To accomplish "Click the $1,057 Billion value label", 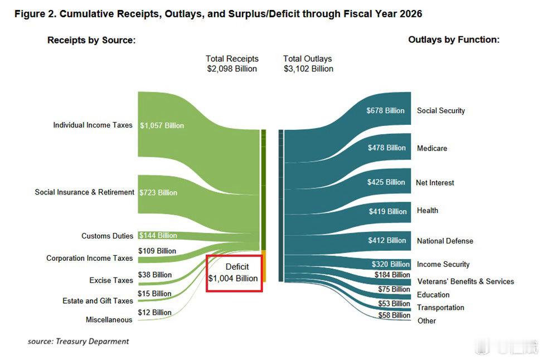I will pos(162,125).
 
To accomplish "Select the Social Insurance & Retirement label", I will pos(84,192).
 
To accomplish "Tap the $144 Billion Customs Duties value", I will pos(158,236).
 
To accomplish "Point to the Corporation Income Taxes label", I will pos(89,259).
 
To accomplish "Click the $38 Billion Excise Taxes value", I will pos(154,275).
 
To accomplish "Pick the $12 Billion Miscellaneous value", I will pos(154,313).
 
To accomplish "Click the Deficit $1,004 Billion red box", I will pos(234,273).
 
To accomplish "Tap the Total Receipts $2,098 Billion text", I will pos(232,64).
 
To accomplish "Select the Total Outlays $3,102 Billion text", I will pos(308,64).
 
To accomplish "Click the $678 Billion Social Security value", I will pos(385,111).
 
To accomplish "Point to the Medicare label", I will pos(432,149).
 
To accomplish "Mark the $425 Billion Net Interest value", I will pos(386,182).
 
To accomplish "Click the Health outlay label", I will pos(428,211).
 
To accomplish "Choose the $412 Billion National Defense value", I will pos(387,241).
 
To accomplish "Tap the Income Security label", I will pos(443,265).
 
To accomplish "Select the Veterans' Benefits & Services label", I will pos(466,281).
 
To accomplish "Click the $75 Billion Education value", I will pos(393,289).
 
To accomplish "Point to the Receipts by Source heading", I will pos(91,40).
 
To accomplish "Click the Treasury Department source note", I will pos(79,341).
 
